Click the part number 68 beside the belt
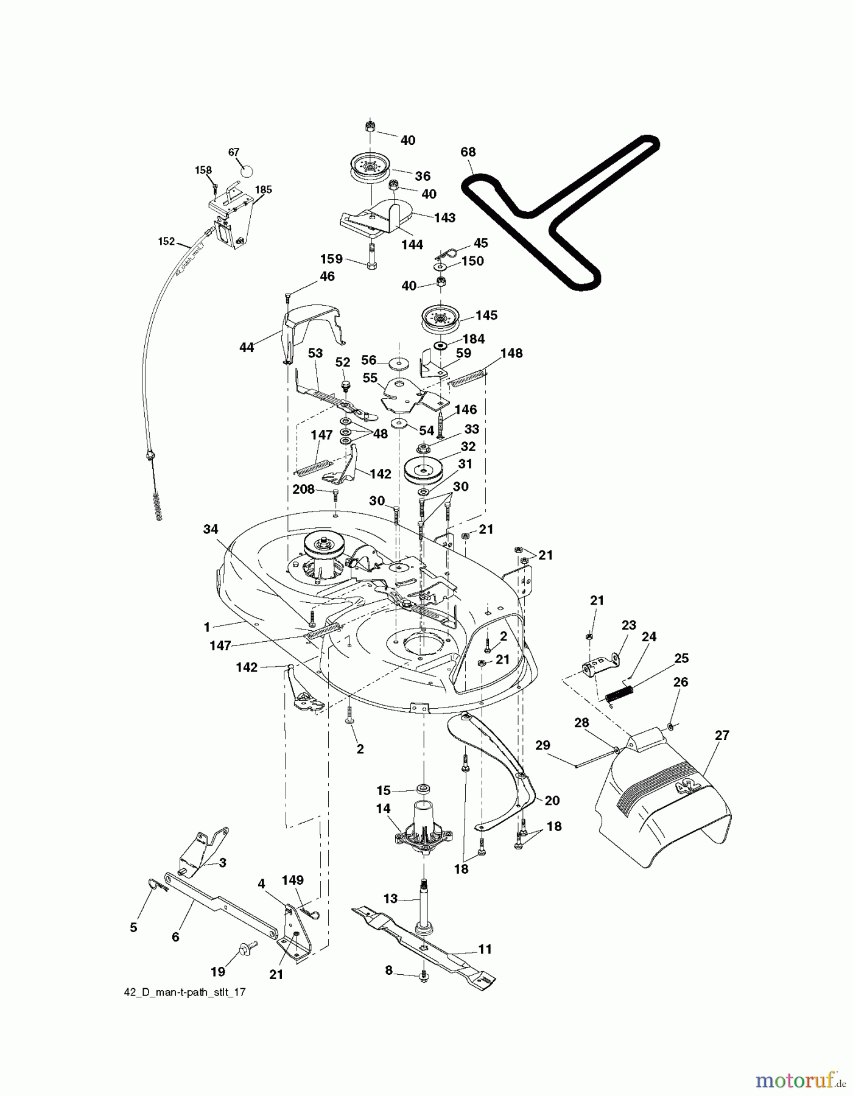468,152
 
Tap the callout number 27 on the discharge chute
721,735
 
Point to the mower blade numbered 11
426,949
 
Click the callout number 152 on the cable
166,242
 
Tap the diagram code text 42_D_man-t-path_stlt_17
184,991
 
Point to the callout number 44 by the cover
247,348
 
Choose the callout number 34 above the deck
210,529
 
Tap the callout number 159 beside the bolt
332,259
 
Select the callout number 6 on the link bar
175,937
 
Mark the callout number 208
303,489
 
